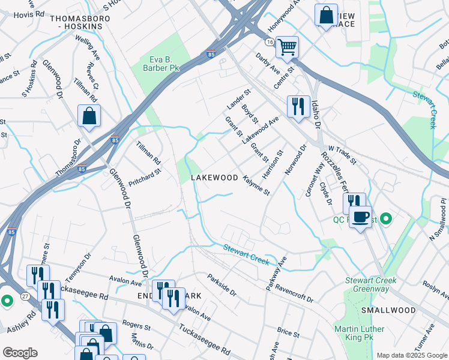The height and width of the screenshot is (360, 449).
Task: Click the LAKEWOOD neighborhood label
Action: click(214, 178)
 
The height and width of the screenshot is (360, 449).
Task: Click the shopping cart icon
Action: click(288, 46)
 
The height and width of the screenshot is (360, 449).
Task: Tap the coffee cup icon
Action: click(360, 217)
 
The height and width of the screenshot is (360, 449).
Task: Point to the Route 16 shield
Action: click(270, 41)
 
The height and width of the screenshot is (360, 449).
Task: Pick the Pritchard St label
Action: click(145, 178)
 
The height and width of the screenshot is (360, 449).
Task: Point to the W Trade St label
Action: click(342, 155)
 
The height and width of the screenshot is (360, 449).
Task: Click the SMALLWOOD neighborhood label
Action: click(388, 310)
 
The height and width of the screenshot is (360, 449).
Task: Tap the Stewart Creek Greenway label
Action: click(367, 284)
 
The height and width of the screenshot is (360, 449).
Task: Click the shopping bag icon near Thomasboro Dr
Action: click(89, 115)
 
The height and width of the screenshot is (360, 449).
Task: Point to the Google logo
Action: click(19, 353)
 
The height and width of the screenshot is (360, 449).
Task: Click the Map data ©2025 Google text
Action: click(411, 355)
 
